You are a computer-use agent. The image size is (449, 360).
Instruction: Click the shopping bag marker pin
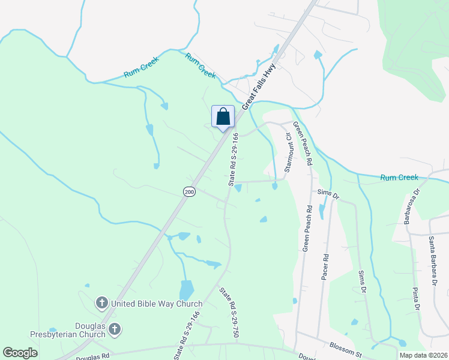[223, 117]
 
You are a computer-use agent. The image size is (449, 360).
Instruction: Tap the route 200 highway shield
[189, 191]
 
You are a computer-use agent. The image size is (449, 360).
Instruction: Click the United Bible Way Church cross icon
[101, 304]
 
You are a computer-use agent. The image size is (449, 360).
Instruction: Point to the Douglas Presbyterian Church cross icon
[114, 329]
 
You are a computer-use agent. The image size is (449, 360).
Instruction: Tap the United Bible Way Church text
[157, 304]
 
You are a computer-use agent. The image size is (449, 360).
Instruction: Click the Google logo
[20, 353]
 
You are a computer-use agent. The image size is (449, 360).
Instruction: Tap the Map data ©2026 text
[423, 355]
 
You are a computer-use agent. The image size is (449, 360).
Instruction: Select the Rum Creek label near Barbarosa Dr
[399, 177]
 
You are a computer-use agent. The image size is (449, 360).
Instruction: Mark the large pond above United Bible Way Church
[187, 290]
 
